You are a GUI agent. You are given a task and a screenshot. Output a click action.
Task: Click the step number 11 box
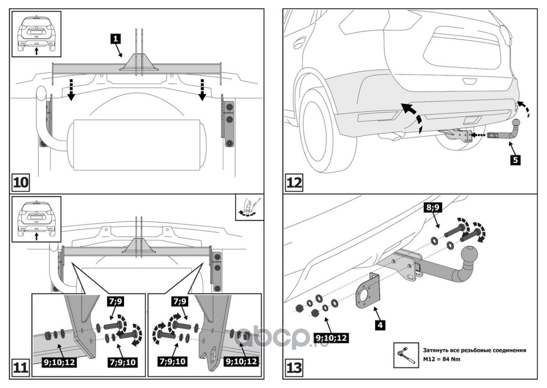[x=20, y=367]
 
